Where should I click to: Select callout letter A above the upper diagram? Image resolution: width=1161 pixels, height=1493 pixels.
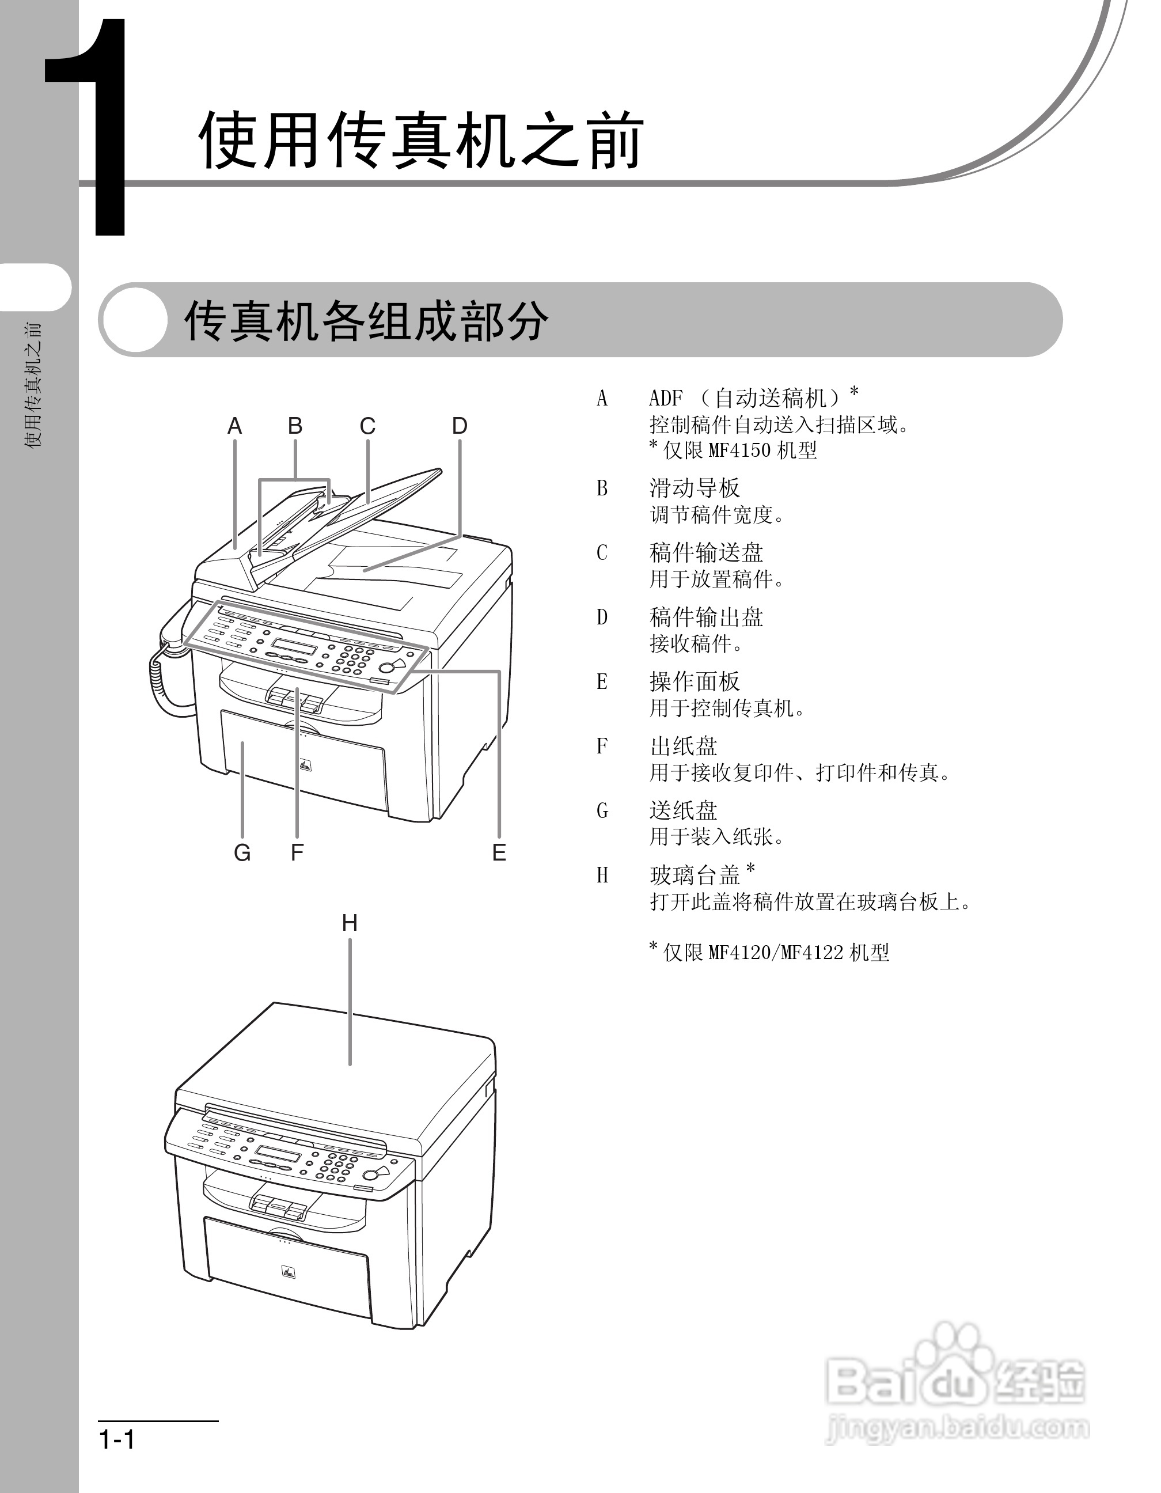coord(234,426)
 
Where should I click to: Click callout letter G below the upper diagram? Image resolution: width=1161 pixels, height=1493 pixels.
coord(242,852)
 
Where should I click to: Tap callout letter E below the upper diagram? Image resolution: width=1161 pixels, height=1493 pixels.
coord(499,852)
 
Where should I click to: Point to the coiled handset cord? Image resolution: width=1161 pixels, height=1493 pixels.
coord(158,684)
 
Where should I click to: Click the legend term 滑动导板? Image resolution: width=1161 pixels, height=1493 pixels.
coord(695,488)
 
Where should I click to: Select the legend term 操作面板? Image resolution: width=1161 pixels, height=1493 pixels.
coord(695,681)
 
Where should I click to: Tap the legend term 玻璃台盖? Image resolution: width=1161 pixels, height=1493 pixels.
coord(695,875)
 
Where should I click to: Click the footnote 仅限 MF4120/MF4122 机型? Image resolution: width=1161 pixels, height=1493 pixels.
coord(776,952)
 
